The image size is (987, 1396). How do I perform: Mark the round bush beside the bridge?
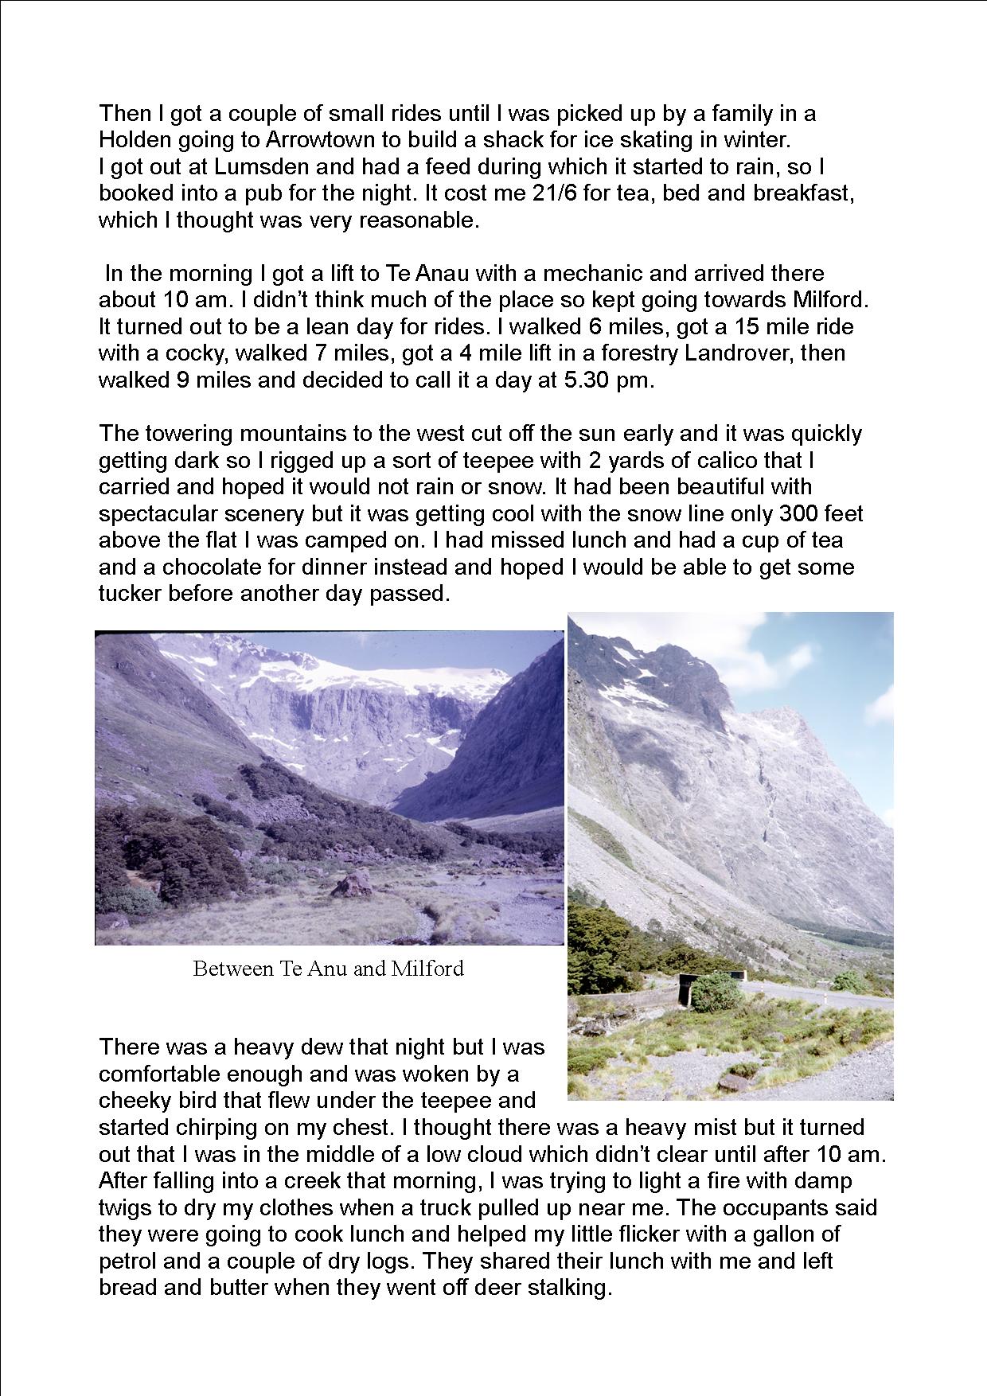(715, 992)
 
